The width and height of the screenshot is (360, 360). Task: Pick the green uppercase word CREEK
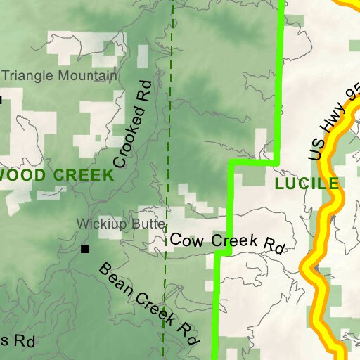pyautogui.click(x=81, y=175)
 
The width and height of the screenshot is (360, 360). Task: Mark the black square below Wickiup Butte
pyautogui.click(x=85, y=249)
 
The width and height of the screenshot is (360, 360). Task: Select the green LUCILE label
pyautogui.click(x=307, y=184)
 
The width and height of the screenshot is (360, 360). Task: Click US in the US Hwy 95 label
pyautogui.click(x=318, y=148)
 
